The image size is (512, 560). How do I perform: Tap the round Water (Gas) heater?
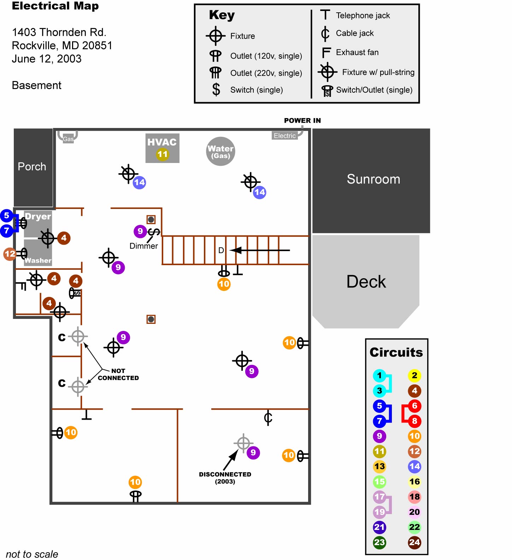tap(220, 151)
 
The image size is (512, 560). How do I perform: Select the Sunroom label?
tap(373, 179)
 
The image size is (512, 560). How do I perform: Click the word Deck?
tap(366, 282)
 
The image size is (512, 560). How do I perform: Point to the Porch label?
tap(32, 167)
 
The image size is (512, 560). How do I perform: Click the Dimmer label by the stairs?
tap(143, 246)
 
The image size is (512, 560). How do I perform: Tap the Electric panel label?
tap(284, 136)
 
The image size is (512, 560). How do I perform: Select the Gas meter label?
tap(68, 139)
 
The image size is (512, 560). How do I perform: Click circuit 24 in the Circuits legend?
tap(414, 542)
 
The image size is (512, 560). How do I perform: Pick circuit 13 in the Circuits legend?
tap(379, 466)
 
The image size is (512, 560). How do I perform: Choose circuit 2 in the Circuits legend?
tap(414, 375)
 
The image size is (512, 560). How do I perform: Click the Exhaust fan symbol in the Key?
tap(326, 53)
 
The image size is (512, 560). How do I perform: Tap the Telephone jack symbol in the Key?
tap(325, 15)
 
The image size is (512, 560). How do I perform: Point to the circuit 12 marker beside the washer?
tap(10, 254)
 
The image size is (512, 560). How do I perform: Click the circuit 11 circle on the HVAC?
tap(163, 154)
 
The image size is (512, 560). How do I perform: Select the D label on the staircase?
tap(221, 250)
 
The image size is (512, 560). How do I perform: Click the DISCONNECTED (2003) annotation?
tap(225, 478)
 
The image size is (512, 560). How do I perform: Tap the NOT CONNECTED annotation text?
tap(118, 374)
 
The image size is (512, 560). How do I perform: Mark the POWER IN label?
tap(302, 121)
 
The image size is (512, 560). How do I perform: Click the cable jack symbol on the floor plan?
tap(268, 418)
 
